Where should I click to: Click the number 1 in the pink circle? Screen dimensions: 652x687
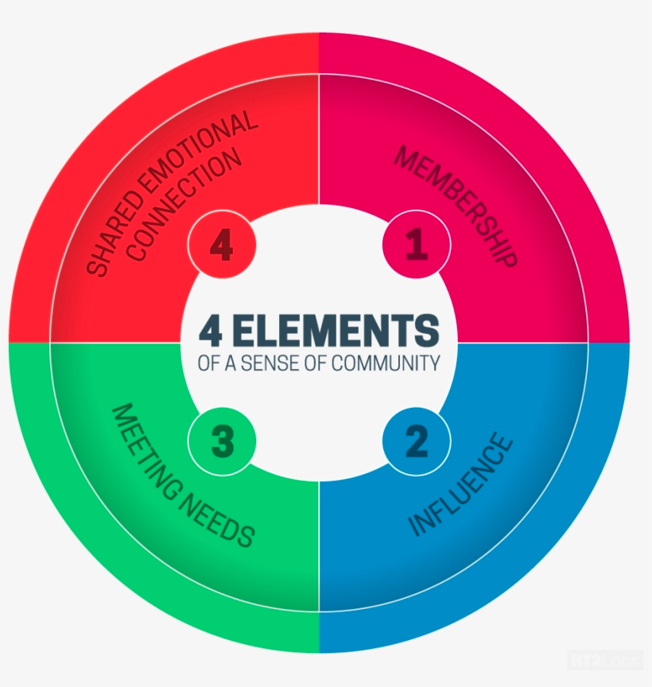click(x=417, y=244)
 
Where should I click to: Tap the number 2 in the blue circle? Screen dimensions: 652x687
click(x=417, y=441)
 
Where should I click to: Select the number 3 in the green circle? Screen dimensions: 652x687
click(x=223, y=441)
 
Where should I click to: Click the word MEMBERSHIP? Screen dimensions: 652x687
click(x=456, y=207)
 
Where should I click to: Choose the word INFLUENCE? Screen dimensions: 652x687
click(x=460, y=484)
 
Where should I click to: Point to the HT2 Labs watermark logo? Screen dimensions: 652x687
click(x=605, y=660)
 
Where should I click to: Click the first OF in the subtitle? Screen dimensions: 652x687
click(x=209, y=363)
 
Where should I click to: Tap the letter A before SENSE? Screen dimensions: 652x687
click(x=231, y=363)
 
